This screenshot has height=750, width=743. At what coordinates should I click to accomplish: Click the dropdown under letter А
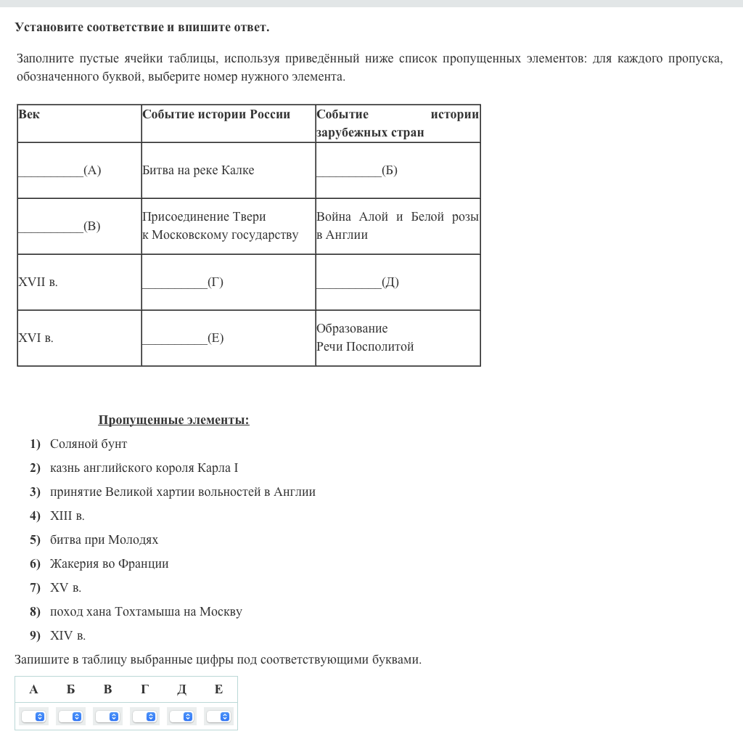33,717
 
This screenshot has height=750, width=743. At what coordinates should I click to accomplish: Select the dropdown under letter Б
70,717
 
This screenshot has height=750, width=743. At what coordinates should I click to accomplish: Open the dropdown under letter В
107,717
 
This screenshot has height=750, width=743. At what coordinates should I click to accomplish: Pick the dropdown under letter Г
144,717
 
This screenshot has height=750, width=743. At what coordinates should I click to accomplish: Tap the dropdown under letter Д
181,717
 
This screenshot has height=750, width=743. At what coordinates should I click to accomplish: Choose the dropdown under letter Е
218,717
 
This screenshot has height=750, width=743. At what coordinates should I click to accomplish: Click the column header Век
30,115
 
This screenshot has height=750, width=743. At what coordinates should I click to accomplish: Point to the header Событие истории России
216,115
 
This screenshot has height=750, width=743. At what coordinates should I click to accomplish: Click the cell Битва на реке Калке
198,171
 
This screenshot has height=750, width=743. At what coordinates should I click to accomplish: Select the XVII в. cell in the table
38,282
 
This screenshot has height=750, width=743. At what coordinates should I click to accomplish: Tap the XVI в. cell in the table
36,338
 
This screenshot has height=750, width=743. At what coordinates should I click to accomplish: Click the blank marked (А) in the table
59,171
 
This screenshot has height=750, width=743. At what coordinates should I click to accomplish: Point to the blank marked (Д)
358,282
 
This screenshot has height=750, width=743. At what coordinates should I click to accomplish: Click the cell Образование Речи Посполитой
365,338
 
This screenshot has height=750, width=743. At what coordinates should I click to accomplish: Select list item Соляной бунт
89,444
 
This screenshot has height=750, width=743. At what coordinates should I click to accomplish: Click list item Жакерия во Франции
109,563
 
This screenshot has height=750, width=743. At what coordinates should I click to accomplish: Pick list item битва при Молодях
104,539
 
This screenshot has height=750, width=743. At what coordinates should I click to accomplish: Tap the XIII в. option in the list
67,515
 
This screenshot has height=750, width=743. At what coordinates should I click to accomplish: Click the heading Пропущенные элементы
173,420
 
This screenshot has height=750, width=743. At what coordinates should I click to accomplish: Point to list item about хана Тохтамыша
146,611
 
